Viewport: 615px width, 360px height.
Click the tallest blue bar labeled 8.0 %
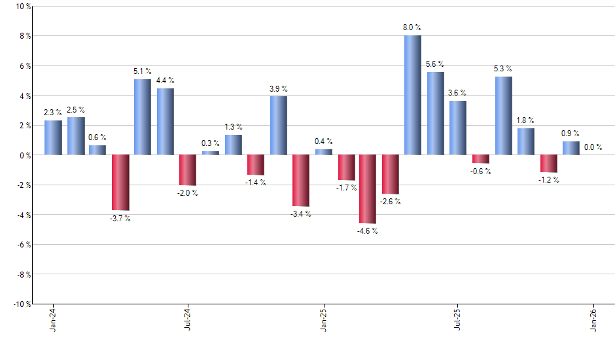[412, 95]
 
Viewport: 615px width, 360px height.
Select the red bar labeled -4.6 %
[368, 189]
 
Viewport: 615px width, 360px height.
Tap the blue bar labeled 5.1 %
[143, 117]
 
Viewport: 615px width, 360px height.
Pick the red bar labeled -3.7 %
[120, 183]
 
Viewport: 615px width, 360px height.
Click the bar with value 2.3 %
[53, 137]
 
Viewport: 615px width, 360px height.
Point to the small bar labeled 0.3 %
[211, 153]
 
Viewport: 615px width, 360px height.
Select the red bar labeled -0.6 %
[480, 159]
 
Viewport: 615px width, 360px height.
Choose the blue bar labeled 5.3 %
[503, 116]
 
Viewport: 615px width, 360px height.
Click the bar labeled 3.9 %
[278, 126]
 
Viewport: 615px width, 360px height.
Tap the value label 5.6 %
[434, 64]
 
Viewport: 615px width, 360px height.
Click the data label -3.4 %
[300, 214]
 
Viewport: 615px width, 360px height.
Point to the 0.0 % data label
[593, 147]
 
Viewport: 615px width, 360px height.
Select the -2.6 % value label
[391, 202]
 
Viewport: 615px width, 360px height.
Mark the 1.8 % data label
[525, 120]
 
